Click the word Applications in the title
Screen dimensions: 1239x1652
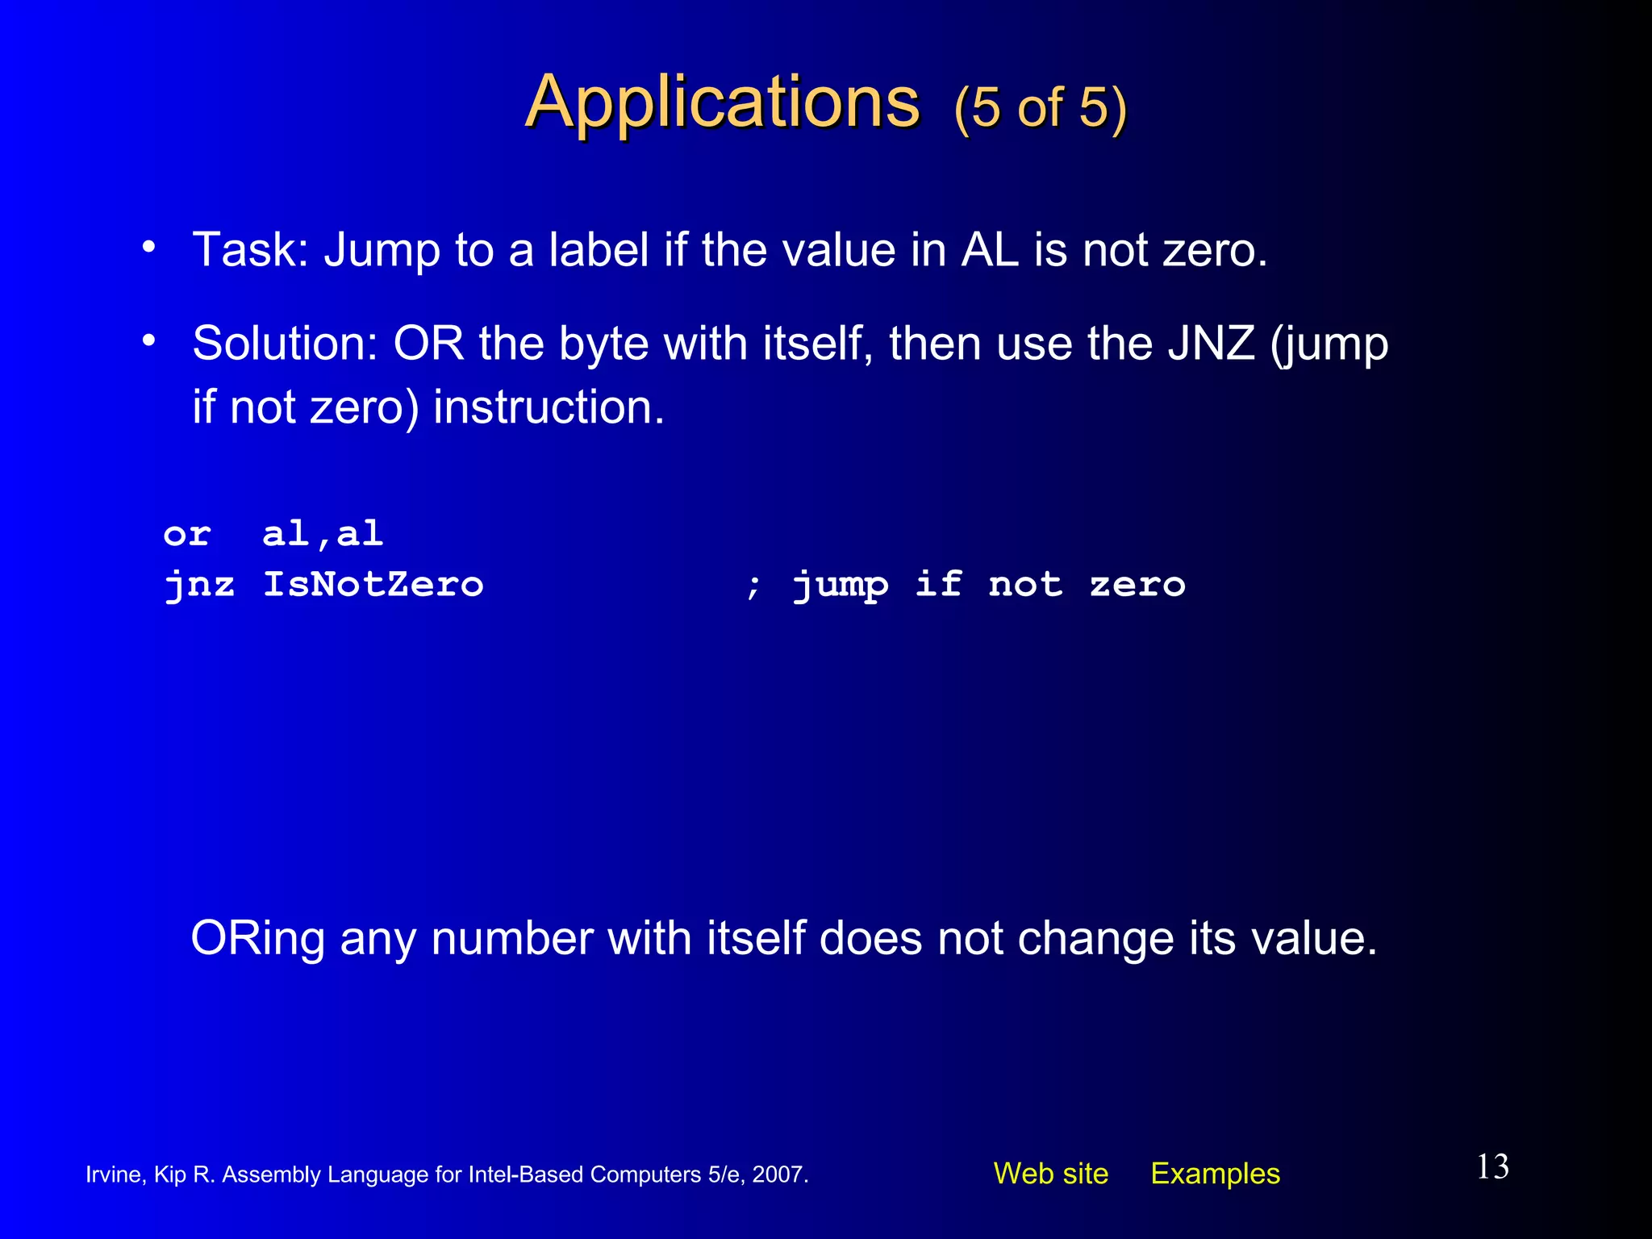tap(722, 102)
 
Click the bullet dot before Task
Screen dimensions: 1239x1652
tap(148, 247)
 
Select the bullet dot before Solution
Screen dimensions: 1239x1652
tap(148, 341)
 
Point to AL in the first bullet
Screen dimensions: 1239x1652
tap(990, 250)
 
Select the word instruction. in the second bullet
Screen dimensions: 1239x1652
tap(549, 407)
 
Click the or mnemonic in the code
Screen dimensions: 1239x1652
tap(187, 535)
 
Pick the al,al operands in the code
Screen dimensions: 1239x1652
tap(323, 535)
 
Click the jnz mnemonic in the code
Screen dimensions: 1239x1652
tap(199, 586)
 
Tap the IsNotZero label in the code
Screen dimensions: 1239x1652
tap(373, 584)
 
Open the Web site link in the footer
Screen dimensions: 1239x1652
tap(1050, 1174)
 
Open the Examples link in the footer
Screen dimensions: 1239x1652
tap(1215, 1174)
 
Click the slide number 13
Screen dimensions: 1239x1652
tap(1492, 1167)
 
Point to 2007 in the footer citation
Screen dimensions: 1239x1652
tap(779, 1174)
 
